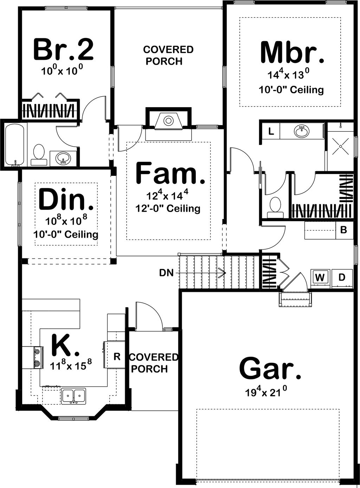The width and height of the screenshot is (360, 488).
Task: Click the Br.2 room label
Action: coord(64,50)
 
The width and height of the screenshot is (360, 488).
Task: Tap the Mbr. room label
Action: coord(292,53)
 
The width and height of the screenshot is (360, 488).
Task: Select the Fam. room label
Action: coord(170,173)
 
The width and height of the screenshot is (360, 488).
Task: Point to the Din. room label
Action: coord(66,200)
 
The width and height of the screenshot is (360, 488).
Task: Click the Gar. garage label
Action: coord(270,368)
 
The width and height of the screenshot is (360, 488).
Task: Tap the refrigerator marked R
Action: coord(117,357)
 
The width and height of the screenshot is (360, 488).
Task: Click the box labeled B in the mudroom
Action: coord(344,230)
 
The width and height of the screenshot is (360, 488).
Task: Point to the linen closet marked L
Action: coord(271,132)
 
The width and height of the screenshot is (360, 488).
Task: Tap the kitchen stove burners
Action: coord(37,357)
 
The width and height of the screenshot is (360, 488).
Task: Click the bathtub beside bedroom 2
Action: coord(14,144)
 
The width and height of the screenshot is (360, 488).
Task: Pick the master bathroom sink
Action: coord(302,132)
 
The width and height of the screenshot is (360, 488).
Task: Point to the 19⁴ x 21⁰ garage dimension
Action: coord(270,392)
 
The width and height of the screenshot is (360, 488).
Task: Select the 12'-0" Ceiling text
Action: coord(168,208)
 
